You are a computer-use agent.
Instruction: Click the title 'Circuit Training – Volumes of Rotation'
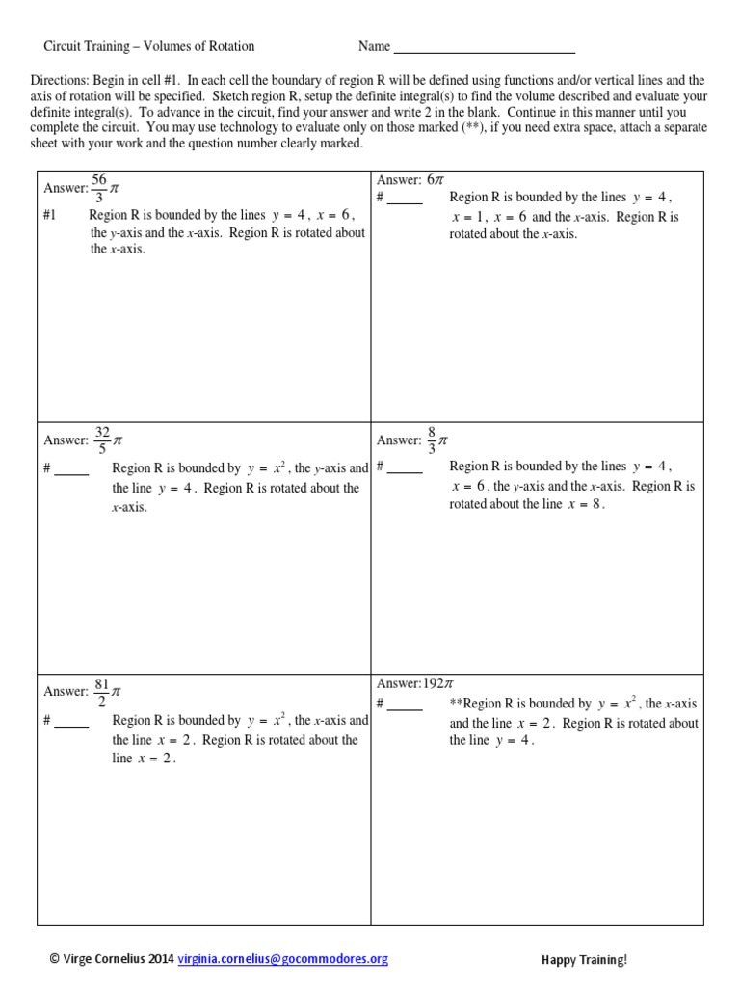tap(149, 46)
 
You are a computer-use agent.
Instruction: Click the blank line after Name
tap(485, 47)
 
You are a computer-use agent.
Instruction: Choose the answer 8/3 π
tap(437, 440)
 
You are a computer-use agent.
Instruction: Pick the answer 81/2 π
tap(106, 692)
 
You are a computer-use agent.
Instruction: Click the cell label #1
tap(50, 215)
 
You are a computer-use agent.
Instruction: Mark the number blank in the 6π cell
tap(405, 199)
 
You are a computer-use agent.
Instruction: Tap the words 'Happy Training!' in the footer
tap(584, 960)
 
